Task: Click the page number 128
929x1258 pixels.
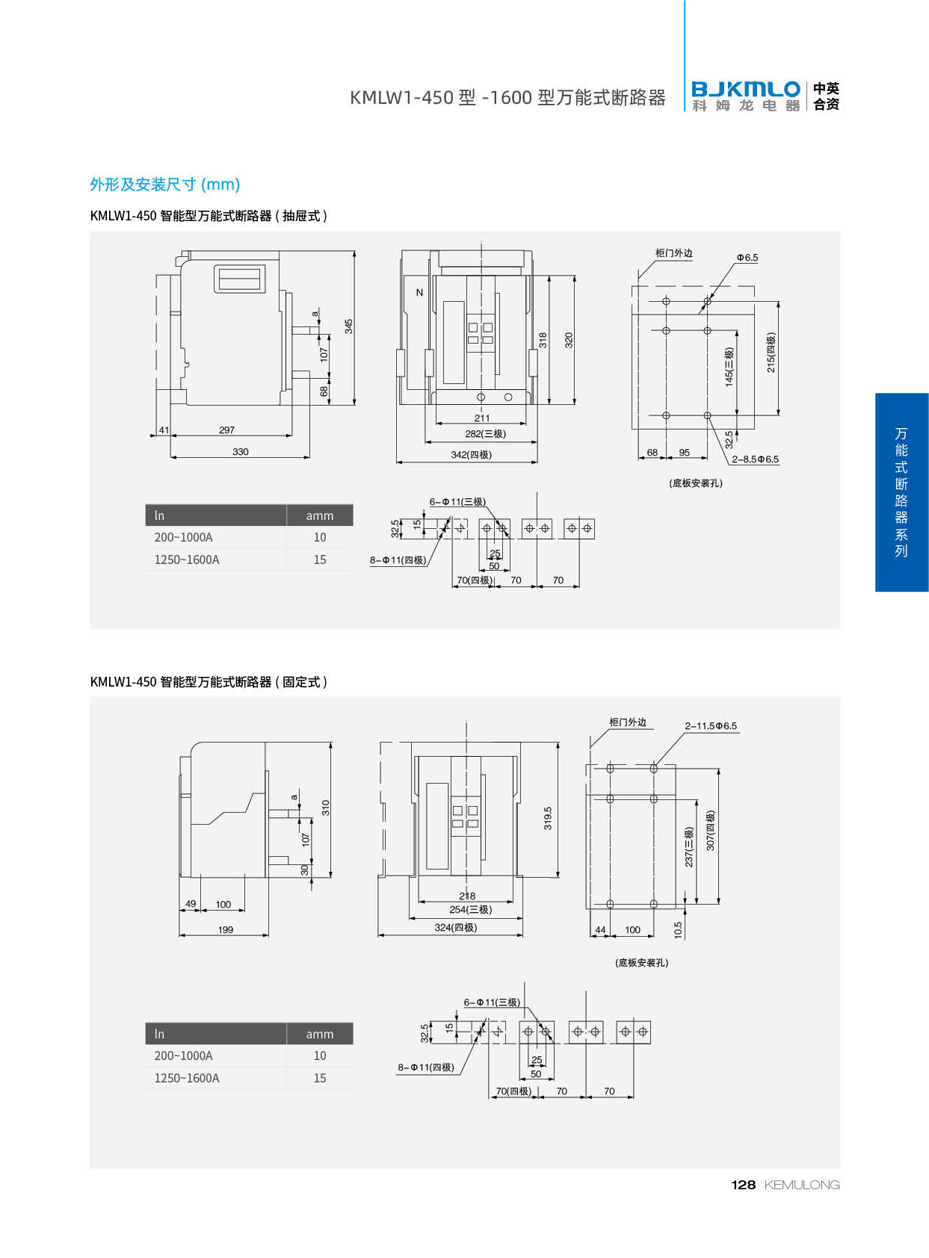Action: point(743,1185)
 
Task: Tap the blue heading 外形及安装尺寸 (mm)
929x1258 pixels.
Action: point(164,185)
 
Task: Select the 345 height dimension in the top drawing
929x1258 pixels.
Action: point(348,326)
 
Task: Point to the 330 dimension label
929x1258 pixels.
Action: point(240,452)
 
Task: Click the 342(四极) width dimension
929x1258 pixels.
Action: point(471,455)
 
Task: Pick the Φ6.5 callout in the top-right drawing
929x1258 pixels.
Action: point(747,258)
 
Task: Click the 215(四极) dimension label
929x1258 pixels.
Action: point(771,353)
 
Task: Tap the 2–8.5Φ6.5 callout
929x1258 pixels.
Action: point(755,459)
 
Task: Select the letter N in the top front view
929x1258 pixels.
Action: point(419,293)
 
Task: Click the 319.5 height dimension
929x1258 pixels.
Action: point(548,818)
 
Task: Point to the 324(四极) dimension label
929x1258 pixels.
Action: point(455,928)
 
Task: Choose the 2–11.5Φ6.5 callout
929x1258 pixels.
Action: point(711,726)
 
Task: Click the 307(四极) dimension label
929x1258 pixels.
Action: point(711,831)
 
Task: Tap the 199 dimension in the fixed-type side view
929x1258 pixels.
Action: point(225,930)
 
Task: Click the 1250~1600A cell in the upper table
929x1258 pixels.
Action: point(187,560)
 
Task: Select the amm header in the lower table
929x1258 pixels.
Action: point(319,1034)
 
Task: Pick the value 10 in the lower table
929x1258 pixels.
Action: point(320,1056)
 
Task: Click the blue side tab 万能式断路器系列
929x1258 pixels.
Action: point(901,492)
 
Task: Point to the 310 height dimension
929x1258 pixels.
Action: point(326,808)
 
